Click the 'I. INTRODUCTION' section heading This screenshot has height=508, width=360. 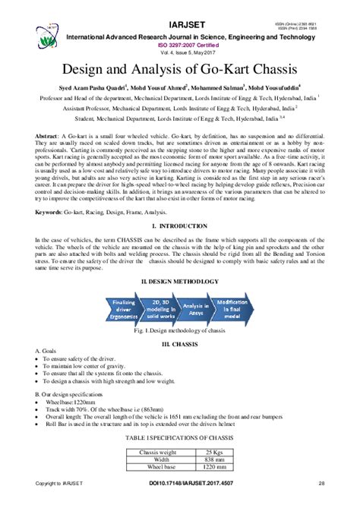pos(180,227)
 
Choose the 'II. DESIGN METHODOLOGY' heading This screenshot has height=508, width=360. pos(180,280)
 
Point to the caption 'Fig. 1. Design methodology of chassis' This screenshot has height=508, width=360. pos(180,333)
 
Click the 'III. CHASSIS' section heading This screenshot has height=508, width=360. pos(180,344)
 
